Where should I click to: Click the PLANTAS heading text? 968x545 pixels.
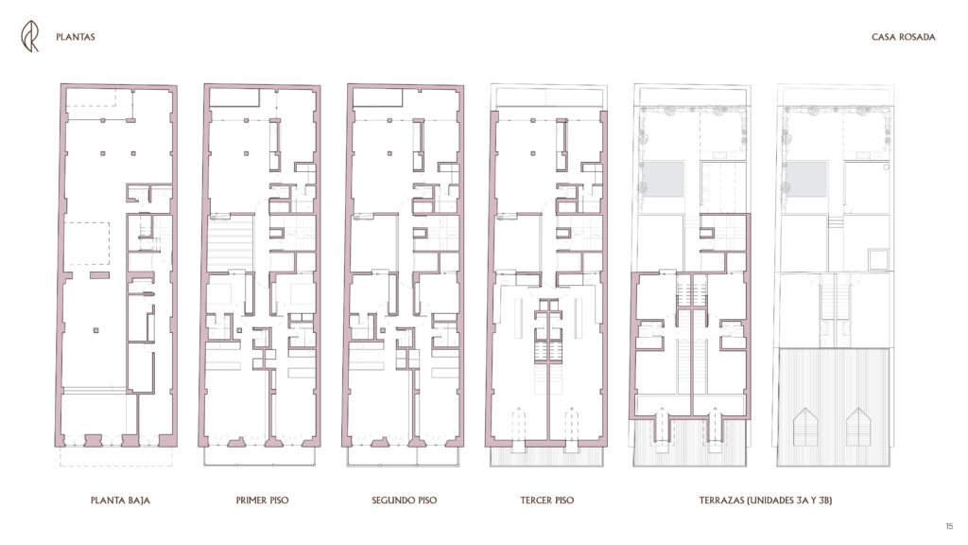76,37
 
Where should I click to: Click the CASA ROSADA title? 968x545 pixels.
903,37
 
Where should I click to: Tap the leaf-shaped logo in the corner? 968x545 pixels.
29,36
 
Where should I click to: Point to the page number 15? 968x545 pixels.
949,526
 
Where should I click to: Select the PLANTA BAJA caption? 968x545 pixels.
120,501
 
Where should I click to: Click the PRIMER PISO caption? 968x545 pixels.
263,501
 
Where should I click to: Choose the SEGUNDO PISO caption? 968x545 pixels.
405,501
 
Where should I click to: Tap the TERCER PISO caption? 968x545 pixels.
547,501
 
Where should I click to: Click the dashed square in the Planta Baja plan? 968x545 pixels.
87,244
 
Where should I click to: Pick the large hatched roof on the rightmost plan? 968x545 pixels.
833,407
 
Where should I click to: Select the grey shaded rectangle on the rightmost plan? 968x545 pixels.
805,179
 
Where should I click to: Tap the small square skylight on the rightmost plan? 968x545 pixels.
877,259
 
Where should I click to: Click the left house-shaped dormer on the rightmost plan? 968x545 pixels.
805,427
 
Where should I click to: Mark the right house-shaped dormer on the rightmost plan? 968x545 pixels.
858,427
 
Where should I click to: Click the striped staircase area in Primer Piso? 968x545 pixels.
231,243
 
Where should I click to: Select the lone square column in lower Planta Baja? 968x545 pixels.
95,330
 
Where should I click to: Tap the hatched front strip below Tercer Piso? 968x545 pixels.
547,456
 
